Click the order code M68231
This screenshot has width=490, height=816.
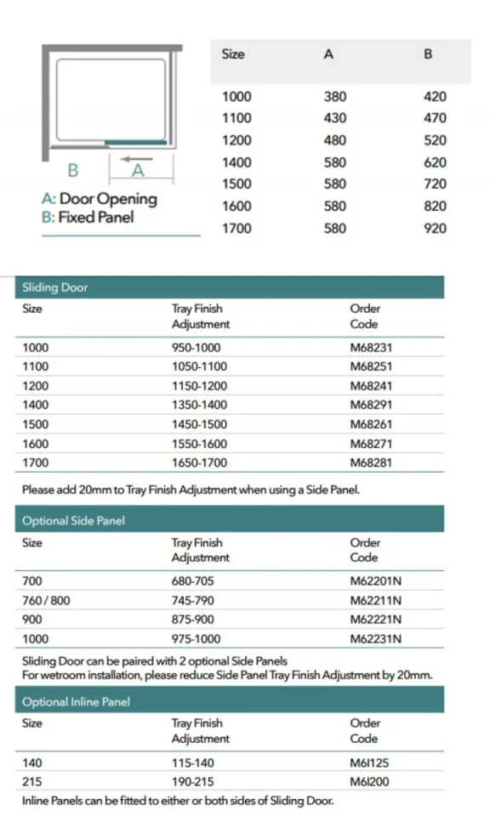click(x=371, y=348)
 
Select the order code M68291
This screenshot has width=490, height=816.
click(x=371, y=405)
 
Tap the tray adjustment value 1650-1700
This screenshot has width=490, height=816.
click(x=199, y=463)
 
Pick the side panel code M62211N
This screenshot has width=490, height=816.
click(x=375, y=600)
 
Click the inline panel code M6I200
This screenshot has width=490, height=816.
click(x=369, y=781)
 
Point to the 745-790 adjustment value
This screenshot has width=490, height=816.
click(x=194, y=600)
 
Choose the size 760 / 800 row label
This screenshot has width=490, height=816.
click(x=46, y=600)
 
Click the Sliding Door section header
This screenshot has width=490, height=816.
click(x=55, y=287)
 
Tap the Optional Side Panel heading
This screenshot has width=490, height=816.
click(x=73, y=520)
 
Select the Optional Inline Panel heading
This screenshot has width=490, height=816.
click(x=76, y=702)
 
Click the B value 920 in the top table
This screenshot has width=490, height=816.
click(x=434, y=228)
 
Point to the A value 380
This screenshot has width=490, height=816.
click(x=335, y=97)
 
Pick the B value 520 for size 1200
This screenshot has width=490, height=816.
click(x=434, y=140)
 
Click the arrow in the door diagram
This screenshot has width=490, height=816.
click(x=135, y=158)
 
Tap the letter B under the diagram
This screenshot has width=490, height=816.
click(x=73, y=170)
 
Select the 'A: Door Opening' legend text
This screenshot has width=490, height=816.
click(x=100, y=199)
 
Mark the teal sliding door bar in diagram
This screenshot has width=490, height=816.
click(x=135, y=142)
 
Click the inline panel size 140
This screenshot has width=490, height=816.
click(x=31, y=762)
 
